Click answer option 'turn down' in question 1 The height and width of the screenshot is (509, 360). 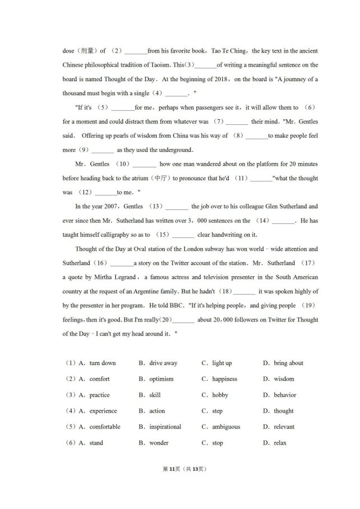[102, 363]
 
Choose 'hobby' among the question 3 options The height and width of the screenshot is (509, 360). [220, 395]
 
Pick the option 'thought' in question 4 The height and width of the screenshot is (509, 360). [283, 411]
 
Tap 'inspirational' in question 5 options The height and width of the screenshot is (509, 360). [165, 427]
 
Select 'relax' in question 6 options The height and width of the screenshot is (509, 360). [280, 443]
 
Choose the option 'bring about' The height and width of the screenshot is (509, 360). [288, 363]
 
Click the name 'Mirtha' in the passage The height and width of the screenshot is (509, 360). [111, 277]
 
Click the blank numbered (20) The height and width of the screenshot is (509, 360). [184, 320]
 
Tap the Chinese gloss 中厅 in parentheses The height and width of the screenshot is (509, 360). [162, 178]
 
